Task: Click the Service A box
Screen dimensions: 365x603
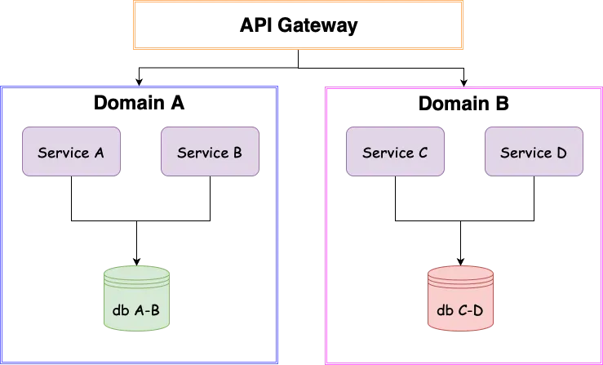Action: tap(72, 152)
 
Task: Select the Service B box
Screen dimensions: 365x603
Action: tap(210, 152)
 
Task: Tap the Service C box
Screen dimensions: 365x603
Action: tap(396, 152)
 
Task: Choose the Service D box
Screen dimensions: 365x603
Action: tap(534, 152)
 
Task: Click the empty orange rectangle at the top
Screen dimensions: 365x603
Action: tap(297, 26)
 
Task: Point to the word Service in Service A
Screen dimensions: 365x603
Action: tap(64, 153)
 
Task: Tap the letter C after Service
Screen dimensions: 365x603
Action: tap(423, 153)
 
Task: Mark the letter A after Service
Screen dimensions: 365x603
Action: tap(99, 153)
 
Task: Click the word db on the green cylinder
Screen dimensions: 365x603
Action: tap(119, 310)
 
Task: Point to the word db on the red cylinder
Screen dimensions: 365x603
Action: tap(445, 310)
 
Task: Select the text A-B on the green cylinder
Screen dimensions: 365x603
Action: tap(148, 310)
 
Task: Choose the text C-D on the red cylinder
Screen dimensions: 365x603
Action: tap(472, 310)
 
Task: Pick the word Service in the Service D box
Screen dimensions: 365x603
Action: tap(525, 153)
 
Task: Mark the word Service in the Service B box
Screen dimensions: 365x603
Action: tap(202, 153)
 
